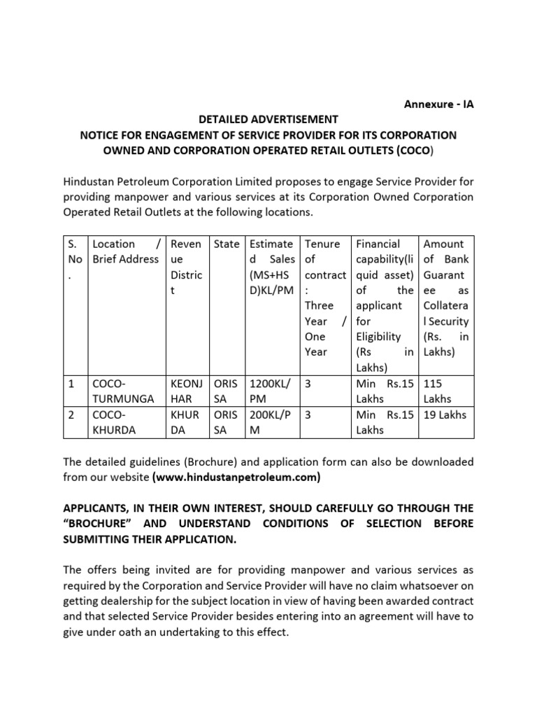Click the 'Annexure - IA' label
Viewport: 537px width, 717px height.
(438, 104)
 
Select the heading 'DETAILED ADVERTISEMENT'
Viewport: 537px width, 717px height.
(268, 119)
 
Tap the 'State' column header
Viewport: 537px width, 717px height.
(226, 244)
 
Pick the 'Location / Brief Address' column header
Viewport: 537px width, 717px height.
(126, 251)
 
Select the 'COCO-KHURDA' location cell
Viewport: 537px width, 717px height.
(116, 422)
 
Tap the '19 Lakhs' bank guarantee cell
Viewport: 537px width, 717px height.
(445, 415)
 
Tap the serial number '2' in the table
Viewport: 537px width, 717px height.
(70, 415)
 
